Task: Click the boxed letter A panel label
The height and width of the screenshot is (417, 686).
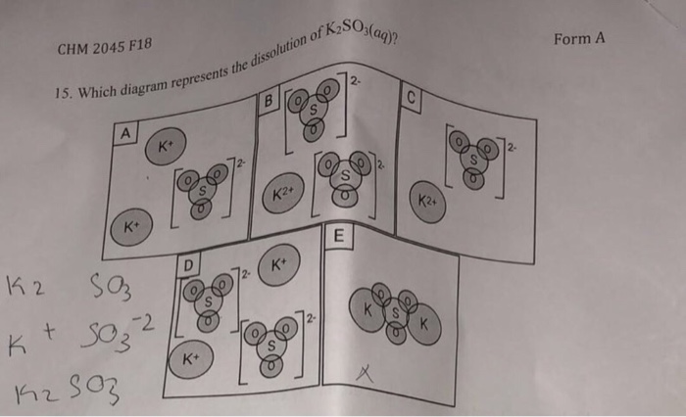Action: (125, 131)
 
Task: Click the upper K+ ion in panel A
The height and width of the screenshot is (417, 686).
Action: (166, 148)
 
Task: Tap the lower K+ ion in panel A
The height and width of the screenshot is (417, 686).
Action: (130, 227)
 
